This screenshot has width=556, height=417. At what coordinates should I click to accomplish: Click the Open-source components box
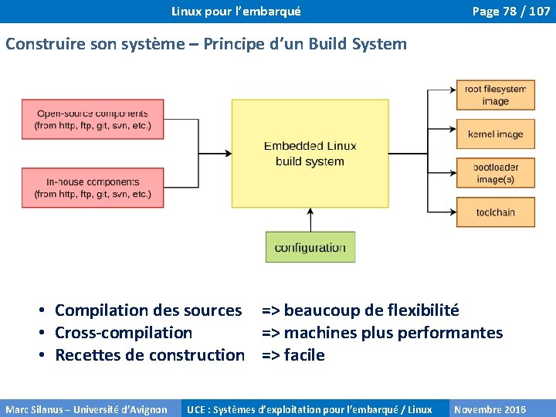pos(93,119)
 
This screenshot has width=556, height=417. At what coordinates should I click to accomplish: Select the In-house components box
pos(93,188)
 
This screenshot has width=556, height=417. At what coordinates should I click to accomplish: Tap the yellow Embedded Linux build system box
pos(310,153)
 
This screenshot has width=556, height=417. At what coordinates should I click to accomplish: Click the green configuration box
pos(310,247)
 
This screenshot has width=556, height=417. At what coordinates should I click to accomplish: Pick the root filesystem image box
pos(495,95)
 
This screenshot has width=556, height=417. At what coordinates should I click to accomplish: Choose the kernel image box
pos(495,134)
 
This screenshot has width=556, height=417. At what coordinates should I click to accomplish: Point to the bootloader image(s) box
pos(495,173)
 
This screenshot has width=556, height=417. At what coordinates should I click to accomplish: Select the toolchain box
pos(495,212)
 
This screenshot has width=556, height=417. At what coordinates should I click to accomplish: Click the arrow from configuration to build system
pos(310,220)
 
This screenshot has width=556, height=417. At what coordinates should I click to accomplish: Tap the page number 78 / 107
pos(510,12)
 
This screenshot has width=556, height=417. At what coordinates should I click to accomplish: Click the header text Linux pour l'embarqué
pos(236,12)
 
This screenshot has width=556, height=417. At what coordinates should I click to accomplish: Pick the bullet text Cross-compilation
pos(124,333)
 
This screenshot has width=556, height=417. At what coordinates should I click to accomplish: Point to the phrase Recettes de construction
pos(150,355)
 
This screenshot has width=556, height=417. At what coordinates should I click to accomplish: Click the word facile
pos(304,355)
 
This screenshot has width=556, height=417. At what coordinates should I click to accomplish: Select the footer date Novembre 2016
pos(490,409)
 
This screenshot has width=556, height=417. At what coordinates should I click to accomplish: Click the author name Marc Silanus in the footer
pos(31,409)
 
